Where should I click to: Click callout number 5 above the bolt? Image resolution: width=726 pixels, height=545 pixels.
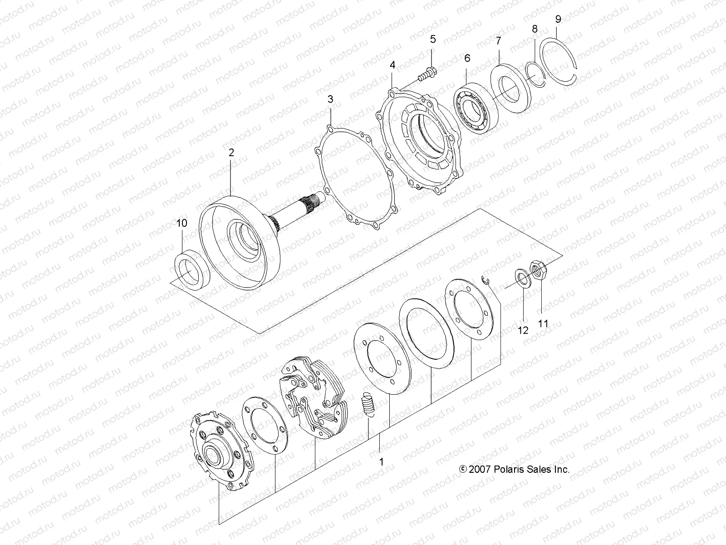tap(432, 39)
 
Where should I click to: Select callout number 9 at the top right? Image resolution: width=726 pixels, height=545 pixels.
tap(558, 19)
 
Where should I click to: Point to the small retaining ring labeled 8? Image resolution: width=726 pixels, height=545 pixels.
tap(535, 73)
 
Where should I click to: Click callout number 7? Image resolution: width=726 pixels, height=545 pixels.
tap(498, 41)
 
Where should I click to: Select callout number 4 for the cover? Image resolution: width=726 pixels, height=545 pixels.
tap(392, 65)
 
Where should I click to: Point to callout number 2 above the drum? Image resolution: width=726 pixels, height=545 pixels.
tap(231, 153)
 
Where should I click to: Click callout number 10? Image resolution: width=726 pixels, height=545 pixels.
tap(181, 223)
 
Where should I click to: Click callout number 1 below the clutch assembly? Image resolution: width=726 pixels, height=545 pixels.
tap(381, 461)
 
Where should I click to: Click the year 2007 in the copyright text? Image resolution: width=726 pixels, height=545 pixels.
tap(480, 470)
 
